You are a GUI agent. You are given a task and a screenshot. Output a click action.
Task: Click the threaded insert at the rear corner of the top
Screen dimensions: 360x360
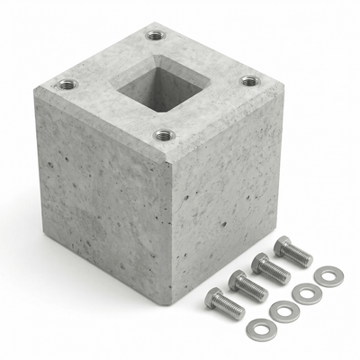coord(156,35)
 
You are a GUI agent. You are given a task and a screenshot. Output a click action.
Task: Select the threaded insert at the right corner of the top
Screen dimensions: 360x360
coord(249,81)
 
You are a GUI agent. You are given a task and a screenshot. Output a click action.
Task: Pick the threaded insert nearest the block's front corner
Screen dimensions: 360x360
coord(163,135)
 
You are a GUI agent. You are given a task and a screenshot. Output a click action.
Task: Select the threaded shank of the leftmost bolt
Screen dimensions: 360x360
coord(232,309)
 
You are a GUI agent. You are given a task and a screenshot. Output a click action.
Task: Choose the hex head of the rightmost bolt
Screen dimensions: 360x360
coord(284,245)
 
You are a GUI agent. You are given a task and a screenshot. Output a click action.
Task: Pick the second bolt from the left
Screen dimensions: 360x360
coord(248,285)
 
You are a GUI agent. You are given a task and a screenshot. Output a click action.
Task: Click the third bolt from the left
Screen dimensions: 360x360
coord(271,267)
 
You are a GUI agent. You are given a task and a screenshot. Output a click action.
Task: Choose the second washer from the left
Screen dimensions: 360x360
coord(285,310)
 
